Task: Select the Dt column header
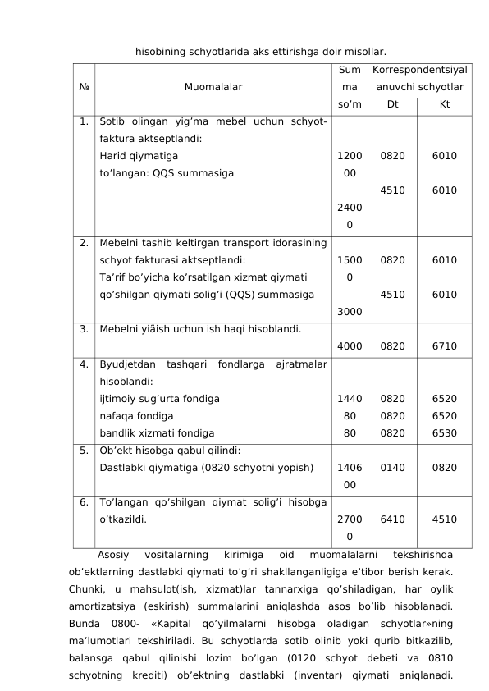[392, 104]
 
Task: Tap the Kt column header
[444, 104]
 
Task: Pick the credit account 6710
[444, 345]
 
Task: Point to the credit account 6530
[444, 432]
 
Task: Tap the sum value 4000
[350, 345]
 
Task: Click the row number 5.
[85, 450]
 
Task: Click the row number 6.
[85, 501]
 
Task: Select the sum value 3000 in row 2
[350, 311]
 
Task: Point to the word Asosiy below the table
[113, 554]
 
